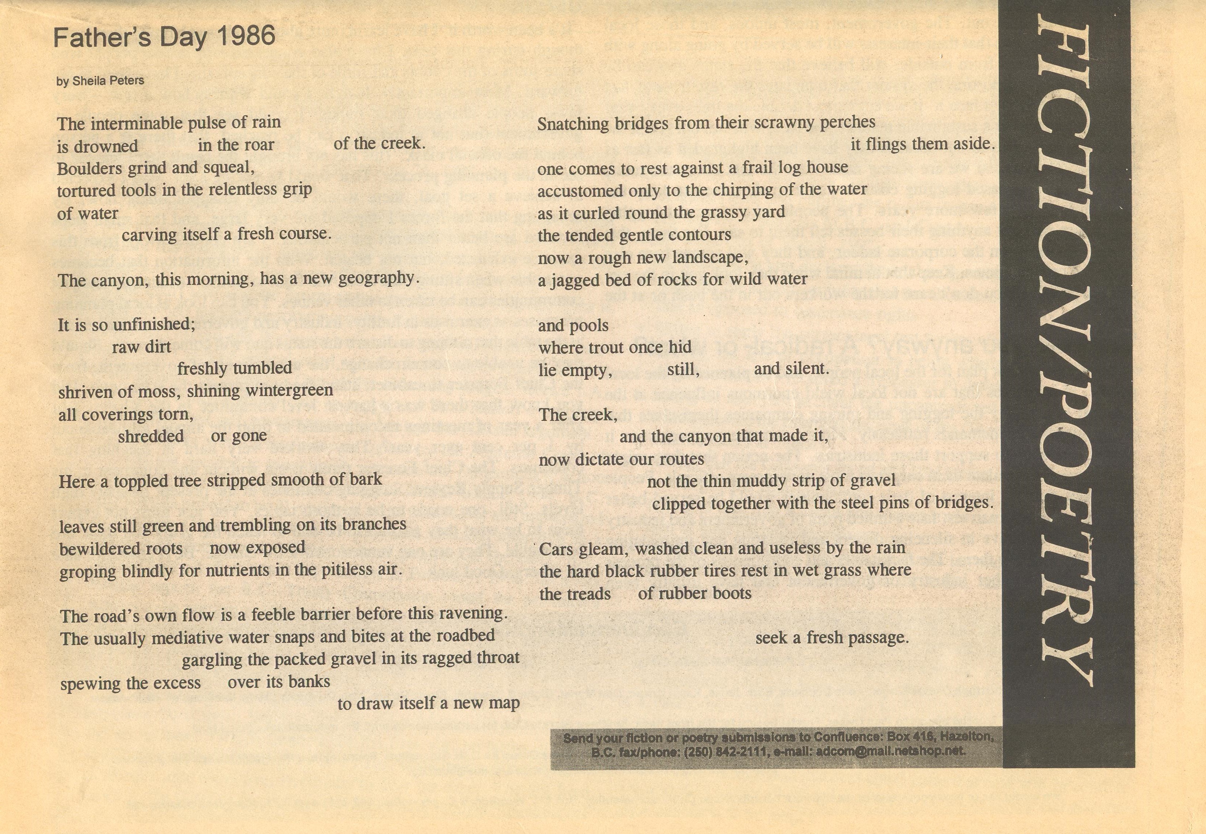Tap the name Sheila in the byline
[x=89, y=81]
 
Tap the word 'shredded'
[x=150, y=436]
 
